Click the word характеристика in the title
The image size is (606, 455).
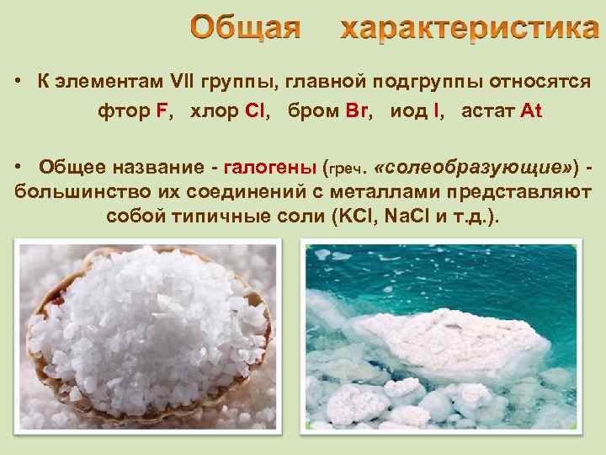[469, 29]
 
